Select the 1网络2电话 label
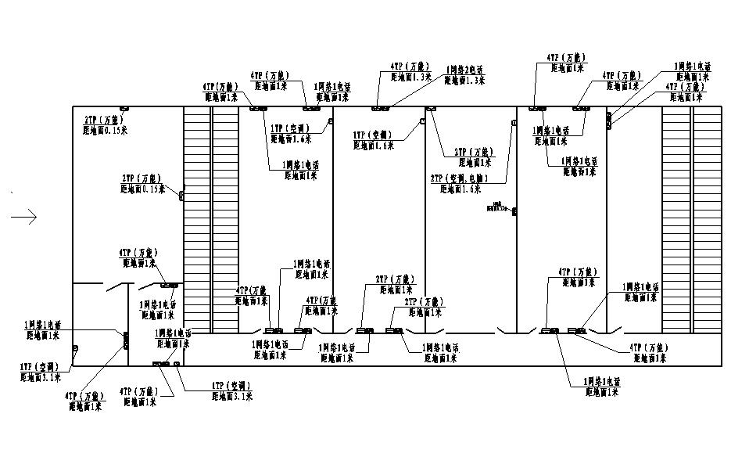click(464, 70)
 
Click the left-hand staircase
click(197, 219)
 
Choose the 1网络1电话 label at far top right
click(693, 67)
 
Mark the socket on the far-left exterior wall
click(75, 349)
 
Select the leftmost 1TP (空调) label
click(38, 366)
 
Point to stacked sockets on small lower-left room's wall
click(126, 340)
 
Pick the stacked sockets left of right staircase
click(609, 119)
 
